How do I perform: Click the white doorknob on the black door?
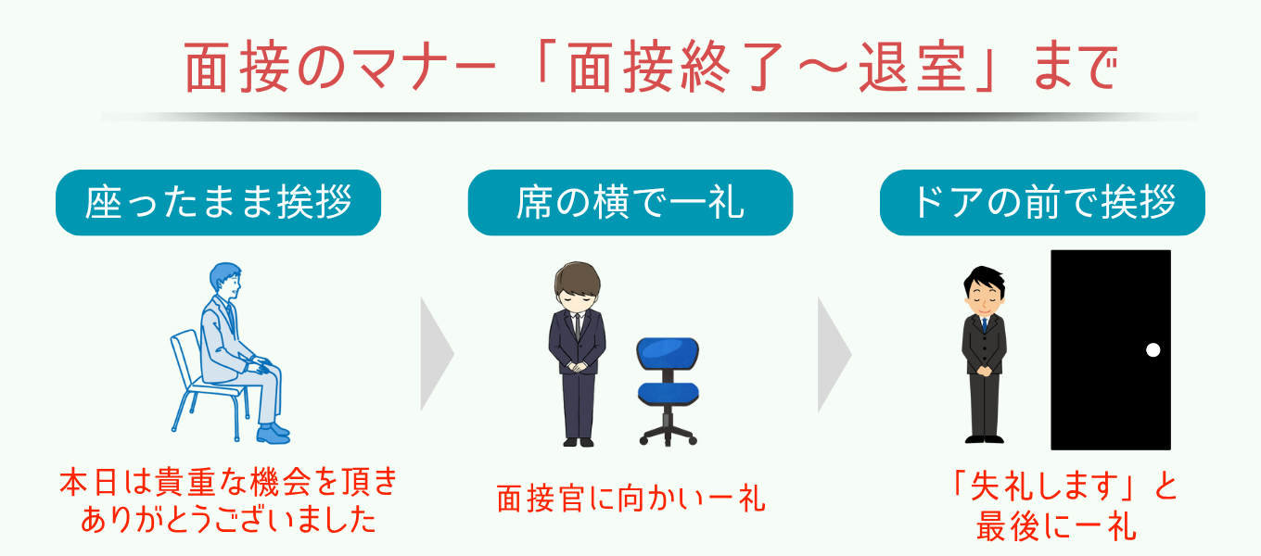(1153, 350)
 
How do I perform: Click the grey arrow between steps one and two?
(437, 355)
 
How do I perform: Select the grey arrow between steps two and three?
(834, 355)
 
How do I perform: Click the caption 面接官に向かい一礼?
(630, 498)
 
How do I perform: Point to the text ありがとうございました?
(228, 519)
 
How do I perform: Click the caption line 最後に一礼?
(1056, 526)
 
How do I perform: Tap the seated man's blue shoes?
(274, 434)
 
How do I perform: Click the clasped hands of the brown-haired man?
(578, 367)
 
